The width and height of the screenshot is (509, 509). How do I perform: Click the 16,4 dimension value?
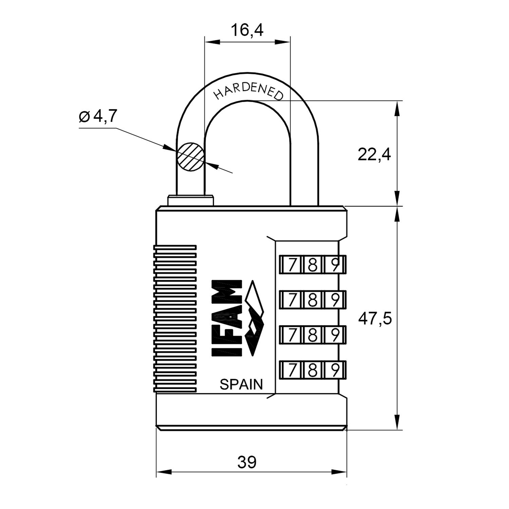click(x=247, y=30)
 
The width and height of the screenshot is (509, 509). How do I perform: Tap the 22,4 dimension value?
click(x=374, y=155)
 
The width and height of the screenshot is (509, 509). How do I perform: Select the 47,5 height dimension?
click(x=375, y=319)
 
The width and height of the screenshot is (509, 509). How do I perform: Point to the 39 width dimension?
click(x=247, y=462)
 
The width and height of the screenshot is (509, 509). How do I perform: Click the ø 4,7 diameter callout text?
click(x=98, y=116)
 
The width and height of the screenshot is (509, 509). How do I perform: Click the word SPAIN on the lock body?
click(x=241, y=384)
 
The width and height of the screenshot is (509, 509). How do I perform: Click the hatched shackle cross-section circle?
click(x=190, y=157)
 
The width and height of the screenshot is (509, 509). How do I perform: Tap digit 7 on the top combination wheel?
click(x=291, y=265)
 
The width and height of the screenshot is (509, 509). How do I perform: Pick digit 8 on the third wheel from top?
click(x=313, y=335)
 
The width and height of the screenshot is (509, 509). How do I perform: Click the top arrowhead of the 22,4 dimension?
click(x=397, y=109)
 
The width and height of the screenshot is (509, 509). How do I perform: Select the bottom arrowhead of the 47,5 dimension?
click(x=397, y=422)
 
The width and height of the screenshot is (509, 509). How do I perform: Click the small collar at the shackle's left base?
click(x=191, y=200)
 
